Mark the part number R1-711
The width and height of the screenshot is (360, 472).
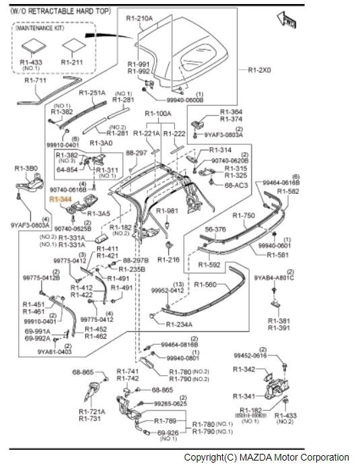point(36,81)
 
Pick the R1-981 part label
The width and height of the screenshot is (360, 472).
point(169,211)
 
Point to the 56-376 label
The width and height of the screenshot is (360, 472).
point(215,229)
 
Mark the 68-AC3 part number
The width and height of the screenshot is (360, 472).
point(236,184)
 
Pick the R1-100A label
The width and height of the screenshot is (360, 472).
point(159,114)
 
